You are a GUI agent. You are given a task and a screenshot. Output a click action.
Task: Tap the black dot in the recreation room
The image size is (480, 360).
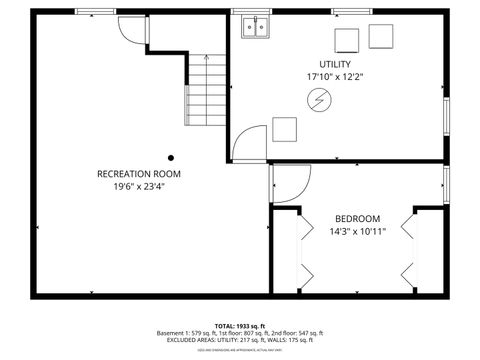171,157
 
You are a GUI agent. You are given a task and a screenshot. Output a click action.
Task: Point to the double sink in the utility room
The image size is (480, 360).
254,27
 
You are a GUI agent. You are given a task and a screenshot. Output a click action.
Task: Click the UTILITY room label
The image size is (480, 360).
335,64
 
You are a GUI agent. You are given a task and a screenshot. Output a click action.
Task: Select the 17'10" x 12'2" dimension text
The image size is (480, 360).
335,76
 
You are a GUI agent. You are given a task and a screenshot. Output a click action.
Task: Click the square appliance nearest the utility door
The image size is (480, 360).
285,129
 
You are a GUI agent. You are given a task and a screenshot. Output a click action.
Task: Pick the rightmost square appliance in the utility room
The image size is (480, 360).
381,36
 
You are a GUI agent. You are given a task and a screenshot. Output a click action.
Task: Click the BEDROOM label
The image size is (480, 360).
357,219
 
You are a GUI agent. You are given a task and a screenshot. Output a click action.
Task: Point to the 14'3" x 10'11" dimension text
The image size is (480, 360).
357,231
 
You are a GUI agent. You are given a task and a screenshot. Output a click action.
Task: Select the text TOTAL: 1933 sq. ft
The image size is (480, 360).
240,326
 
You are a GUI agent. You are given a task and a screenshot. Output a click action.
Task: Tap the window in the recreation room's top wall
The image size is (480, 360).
96,12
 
